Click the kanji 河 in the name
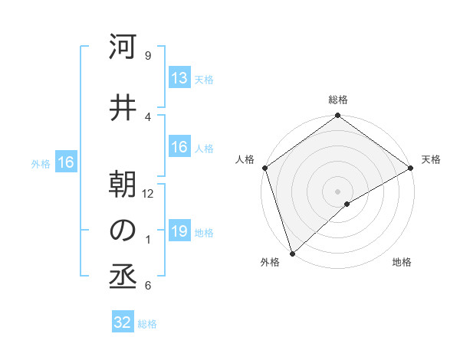[123, 48]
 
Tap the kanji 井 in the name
[123, 108]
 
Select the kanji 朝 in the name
[123, 185]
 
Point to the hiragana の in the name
[123, 231]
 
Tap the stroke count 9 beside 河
[147, 56]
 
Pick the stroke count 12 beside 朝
[148, 194]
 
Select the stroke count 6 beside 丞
[147, 286]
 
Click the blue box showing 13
[179, 78]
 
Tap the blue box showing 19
[179, 231]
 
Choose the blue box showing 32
[123, 322]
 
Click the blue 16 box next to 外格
[65, 162]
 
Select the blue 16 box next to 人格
[179, 147]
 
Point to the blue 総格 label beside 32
[148, 324]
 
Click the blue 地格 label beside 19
[204, 232]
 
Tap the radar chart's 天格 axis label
[432, 159]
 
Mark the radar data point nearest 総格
[337, 116]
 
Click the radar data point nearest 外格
[291, 253]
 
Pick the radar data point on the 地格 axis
[347, 204]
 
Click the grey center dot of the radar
[337, 191]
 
